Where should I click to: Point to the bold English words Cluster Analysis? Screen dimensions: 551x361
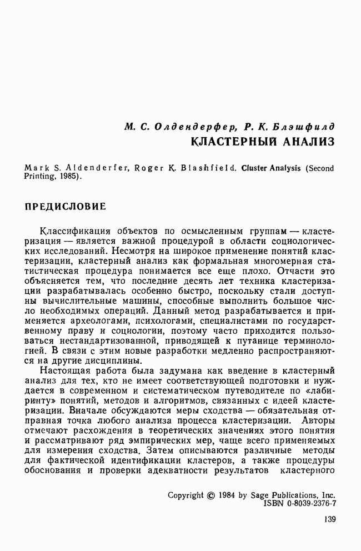pyautogui.click(x=273, y=167)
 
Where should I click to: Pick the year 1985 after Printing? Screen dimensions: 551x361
pyautogui.click(x=69, y=177)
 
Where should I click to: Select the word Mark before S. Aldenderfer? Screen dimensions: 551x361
pyautogui.click(x=36, y=167)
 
